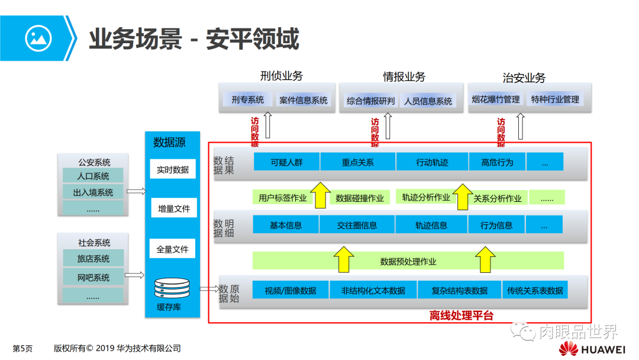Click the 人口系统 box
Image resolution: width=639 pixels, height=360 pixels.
point(93,176)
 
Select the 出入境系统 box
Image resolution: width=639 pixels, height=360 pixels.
point(93,192)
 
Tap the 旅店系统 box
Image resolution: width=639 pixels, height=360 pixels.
point(93,259)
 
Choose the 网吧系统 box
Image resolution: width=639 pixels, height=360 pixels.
point(93,277)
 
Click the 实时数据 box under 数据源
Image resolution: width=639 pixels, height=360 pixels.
point(173,169)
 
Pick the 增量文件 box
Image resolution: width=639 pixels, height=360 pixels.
point(173,208)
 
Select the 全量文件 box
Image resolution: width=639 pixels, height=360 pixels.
point(173,249)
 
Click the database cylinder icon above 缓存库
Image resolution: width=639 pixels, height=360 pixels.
point(172,288)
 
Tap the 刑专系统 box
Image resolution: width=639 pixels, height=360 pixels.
point(248,99)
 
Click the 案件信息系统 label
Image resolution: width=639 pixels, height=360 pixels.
point(304,101)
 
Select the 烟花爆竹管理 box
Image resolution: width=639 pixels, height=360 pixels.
point(496,99)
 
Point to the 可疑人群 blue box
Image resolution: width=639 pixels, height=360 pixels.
point(286,162)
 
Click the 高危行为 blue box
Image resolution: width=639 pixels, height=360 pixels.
point(497,162)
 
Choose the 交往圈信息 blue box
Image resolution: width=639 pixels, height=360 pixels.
point(357,225)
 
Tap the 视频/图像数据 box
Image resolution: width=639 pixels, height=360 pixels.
point(290,290)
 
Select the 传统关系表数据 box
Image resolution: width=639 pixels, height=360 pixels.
point(535,290)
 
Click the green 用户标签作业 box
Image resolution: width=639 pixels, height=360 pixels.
point(283,198)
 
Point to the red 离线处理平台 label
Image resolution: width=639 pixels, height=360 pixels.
point(461,316)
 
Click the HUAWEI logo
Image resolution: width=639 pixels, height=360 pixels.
point(592,349)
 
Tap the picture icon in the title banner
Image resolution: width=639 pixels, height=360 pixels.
point(38,38)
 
